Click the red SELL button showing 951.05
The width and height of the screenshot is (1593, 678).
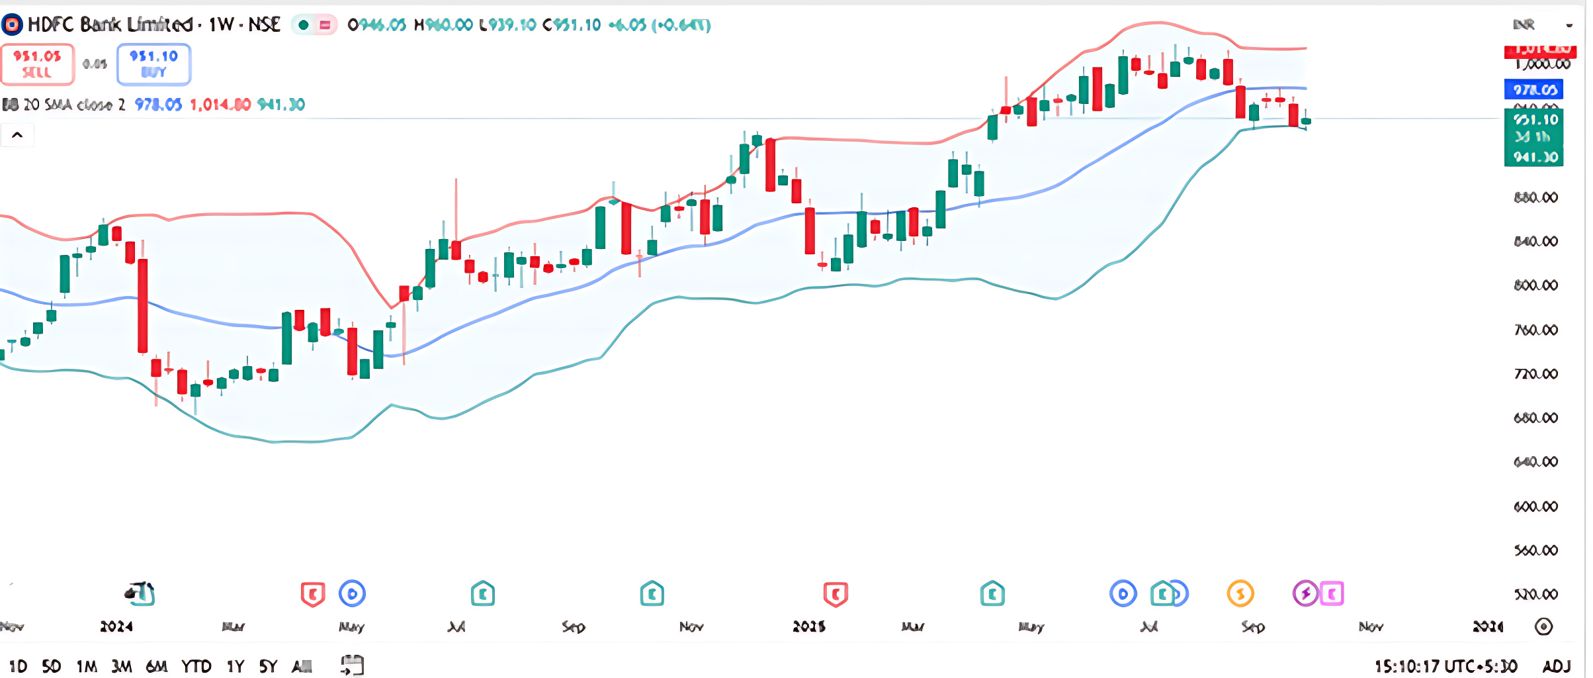point(37,64)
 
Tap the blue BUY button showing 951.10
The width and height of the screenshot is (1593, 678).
point(153,64)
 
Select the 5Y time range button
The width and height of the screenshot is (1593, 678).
point(268,666)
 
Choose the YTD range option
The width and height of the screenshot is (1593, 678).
point(196,666)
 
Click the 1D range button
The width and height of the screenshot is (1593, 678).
point(18,666)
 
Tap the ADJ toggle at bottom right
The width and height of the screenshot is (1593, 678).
point(1557,666)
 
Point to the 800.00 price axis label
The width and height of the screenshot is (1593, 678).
point(1535,285)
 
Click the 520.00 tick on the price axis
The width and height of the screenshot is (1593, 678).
point(1535,594)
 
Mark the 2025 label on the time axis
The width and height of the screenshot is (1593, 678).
point(809,626)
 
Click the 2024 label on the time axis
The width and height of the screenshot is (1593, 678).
point(116,626)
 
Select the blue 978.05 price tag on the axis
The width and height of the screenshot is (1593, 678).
point(1534,89)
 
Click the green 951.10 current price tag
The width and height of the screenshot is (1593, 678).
point(1534,121)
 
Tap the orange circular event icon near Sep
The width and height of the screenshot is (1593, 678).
point(1240,593)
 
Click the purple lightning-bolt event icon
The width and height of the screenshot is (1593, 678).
point(1305,593)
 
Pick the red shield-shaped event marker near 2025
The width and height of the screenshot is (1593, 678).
point(836,594)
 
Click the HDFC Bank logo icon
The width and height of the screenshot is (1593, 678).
point(12,25)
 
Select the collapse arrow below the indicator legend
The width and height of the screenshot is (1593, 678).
point(17,135)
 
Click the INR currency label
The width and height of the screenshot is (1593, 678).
point(1524,24)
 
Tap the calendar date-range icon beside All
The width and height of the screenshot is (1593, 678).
point(352,665)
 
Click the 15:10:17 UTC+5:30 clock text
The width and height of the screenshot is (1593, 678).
point(1445,666)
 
